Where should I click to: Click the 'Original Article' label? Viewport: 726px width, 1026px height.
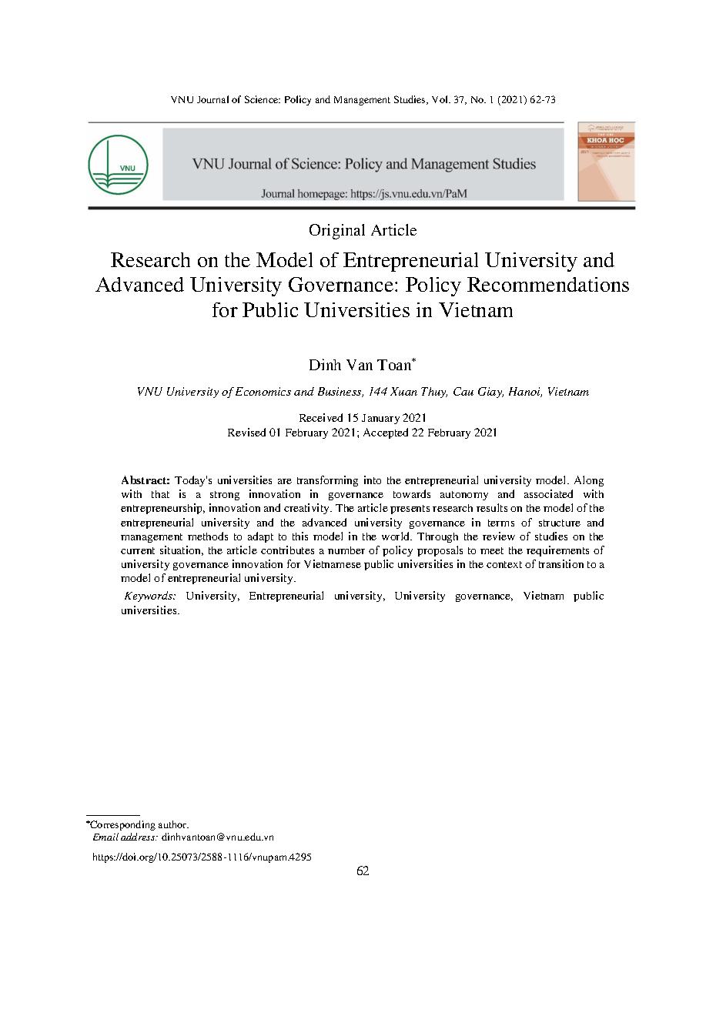pos(362,230)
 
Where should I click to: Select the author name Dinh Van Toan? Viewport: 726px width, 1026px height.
pos(360,365)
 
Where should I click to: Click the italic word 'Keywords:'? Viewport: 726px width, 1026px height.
pos(151,596)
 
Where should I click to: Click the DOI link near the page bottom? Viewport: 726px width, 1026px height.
pos(202,856)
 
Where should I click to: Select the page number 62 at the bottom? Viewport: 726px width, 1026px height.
pos(363,871)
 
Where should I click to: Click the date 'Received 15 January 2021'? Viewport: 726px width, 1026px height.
pos(362,417)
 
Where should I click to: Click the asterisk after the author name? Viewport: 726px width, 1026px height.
pos(414,359)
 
